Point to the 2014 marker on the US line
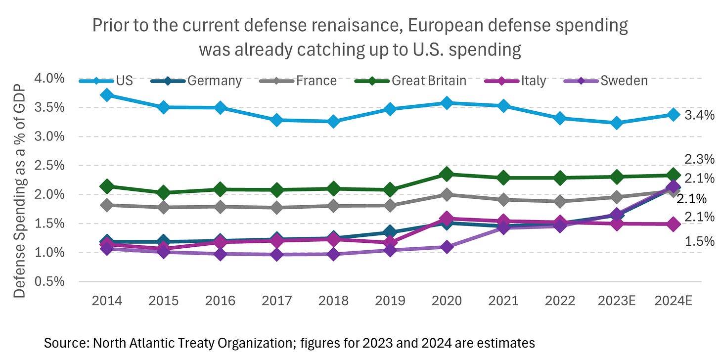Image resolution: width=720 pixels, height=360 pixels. [107, 95]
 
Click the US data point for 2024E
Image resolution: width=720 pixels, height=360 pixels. [673, 115]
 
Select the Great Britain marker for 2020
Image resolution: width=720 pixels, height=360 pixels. [447, 174]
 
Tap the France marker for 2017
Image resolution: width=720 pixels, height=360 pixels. [277, 208]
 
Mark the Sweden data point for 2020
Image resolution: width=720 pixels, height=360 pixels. [447, 247]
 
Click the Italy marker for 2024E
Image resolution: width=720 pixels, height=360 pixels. [673, 224]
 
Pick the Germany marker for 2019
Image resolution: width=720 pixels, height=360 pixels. [390, 232]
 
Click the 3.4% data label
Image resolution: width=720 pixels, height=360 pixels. [699, 115]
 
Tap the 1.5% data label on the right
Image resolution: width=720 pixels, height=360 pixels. [699, 241]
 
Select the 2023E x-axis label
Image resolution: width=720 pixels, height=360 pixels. [617, 301]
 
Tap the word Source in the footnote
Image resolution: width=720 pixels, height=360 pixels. [60, 343]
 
